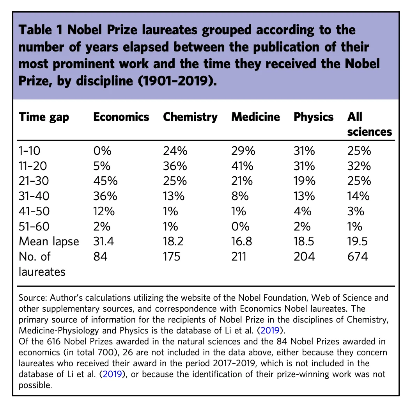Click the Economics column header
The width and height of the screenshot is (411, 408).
[x=121, y=117]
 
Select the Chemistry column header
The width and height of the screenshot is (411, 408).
[x=190, y=117]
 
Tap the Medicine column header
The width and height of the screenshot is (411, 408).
[x=255, y=117]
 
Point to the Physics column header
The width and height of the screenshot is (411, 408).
[x=314, y=117]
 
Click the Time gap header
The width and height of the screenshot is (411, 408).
[x=44, y=117]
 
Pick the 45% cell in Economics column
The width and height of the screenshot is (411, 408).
[x=104, y=181]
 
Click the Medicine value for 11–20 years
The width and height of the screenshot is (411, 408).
[x=241, y=166]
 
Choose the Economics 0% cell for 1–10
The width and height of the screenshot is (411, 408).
[x=102, y=151]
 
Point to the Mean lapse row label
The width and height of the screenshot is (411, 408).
[x=49, y=241]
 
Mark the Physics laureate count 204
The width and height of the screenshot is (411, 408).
[x=304, y=256]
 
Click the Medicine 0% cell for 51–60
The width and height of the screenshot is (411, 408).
[x=239, y=227]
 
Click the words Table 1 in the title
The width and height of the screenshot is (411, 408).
[x=43, y=30]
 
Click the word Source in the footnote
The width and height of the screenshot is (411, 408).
[x=32, y=298]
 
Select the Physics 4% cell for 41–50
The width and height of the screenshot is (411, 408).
[x=302, y=211]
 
